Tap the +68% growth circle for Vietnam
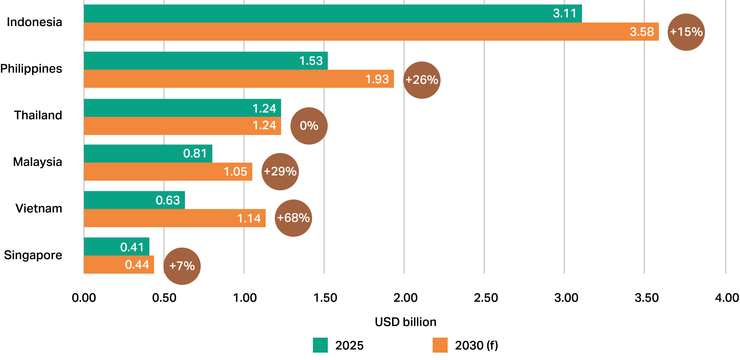click(x=293, y=218)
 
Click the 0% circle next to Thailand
click(x=309, y=126)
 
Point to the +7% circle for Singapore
click(x=182, y=266)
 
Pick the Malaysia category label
click(x=38, y=162)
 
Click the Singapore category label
click(x=33, y=255)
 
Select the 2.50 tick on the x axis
click(x=486, y=298)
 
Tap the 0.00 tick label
click(x=84, y=298)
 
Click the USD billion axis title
click(x=406, y=322)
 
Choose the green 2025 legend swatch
click(x=320, y=345)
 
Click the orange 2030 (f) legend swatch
click(x=440, y=345)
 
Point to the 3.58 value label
click(x=642, y=32)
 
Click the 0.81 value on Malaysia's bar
click(x=195, y=153)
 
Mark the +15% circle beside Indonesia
click(x=686, y=32)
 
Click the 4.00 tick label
click(x=727, y=298)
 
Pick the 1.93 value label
click(x=377, y=79)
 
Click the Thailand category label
click(x=38, y=116)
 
